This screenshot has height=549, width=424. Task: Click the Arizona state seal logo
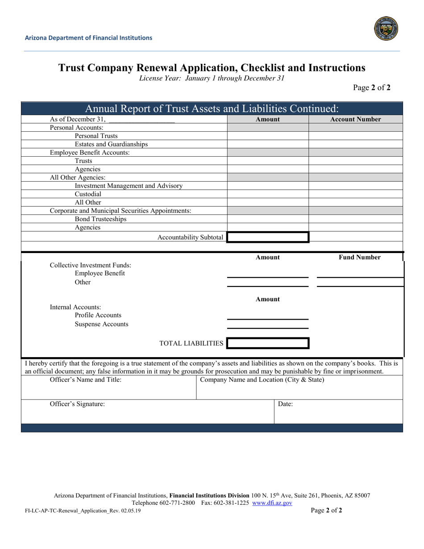[386, 29]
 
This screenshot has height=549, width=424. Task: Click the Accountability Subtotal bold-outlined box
[268, 237]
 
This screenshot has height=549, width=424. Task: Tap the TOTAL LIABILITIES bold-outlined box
[268, 343]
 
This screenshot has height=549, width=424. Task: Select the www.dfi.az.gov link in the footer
[272, 503]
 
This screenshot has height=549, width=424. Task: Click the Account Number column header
[355, 119]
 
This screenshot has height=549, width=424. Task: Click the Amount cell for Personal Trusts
[268, 136]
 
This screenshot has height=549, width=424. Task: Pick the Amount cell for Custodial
[268, 194]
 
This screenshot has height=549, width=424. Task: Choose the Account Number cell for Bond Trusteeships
[355, 219]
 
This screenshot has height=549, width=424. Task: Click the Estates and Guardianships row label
[111, 144]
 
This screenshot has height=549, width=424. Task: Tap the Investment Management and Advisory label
[129, 186]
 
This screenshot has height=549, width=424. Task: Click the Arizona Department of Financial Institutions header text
[88, 38]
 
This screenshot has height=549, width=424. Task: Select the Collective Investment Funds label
[91, 265]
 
